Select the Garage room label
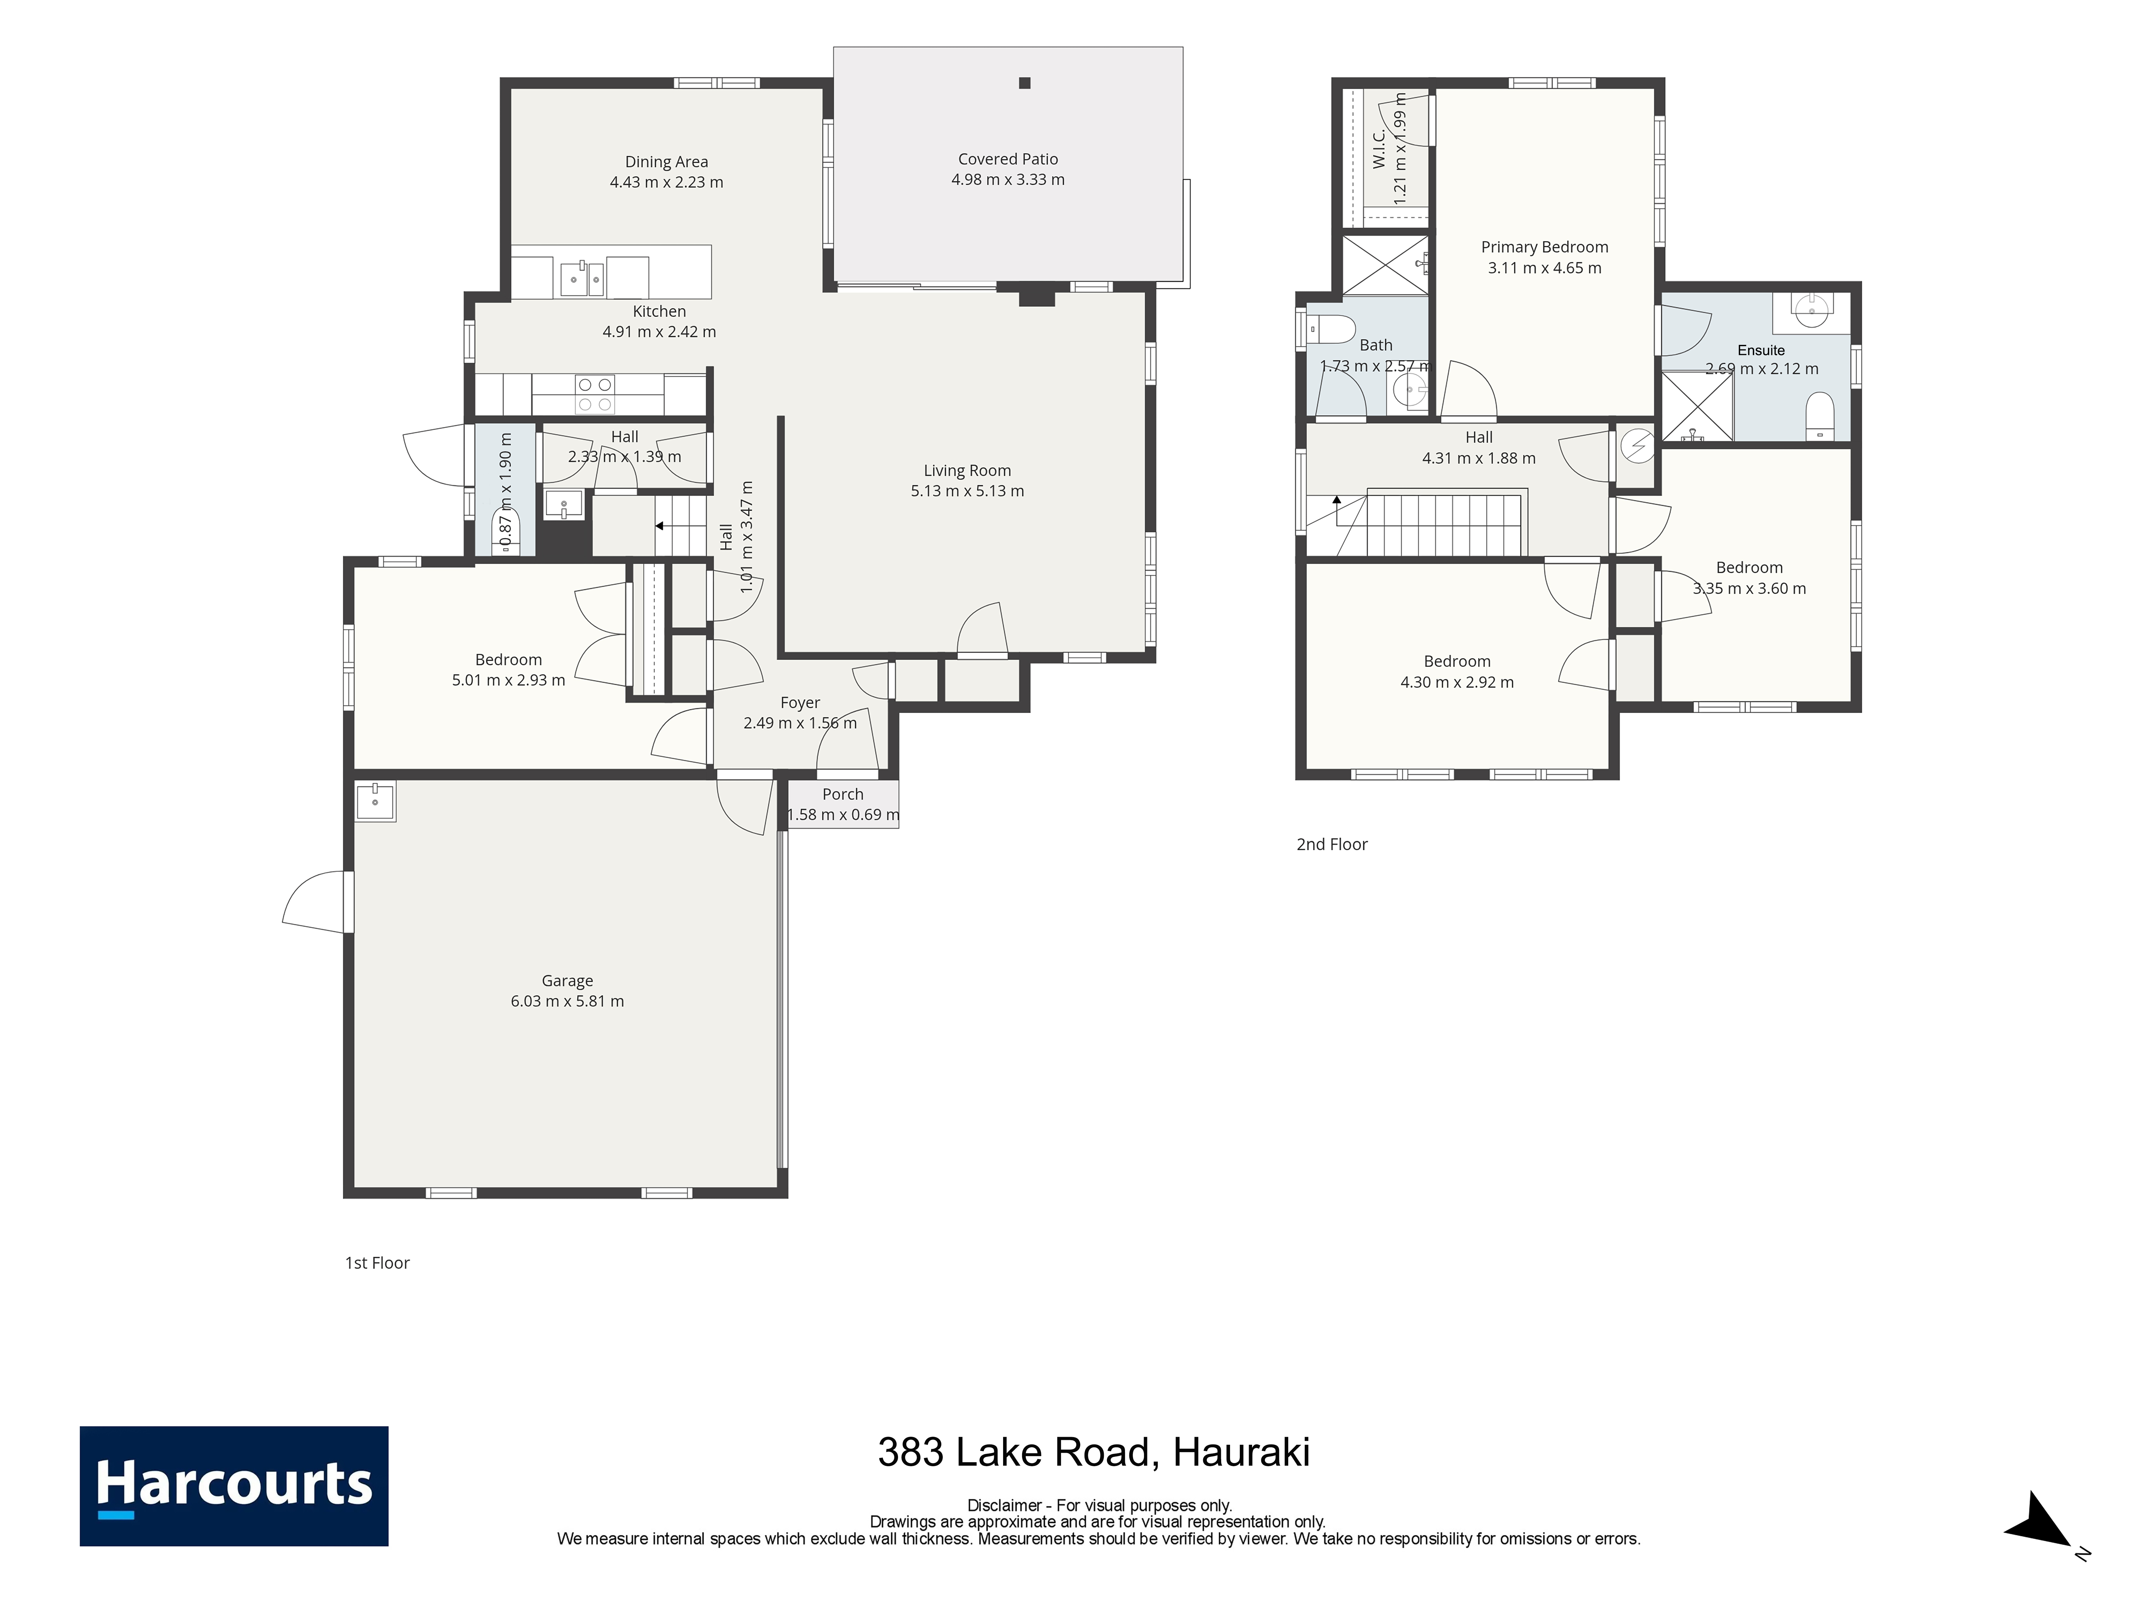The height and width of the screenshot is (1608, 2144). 567,981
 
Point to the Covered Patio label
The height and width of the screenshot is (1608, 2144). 1008,159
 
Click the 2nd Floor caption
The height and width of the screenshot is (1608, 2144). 1332,844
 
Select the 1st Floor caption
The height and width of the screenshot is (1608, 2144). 377,1263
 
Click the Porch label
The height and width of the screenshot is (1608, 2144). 842,794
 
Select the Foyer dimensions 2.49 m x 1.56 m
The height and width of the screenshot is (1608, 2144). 801,723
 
